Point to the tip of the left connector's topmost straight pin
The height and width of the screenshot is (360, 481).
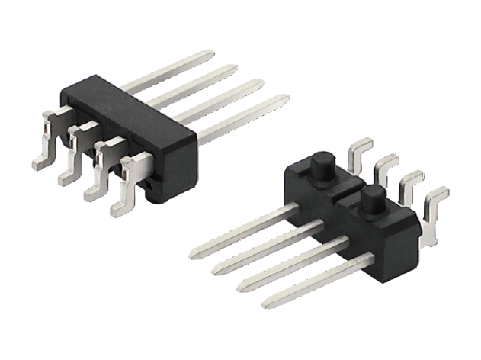point(208,54)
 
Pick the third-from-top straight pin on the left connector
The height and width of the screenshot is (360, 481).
point(221,95)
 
